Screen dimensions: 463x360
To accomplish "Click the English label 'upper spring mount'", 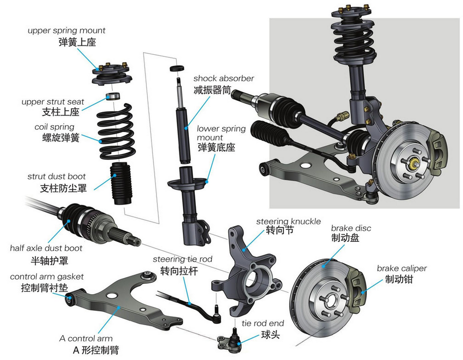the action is (66, 31).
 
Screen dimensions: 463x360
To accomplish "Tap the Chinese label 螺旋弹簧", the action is (57, 138).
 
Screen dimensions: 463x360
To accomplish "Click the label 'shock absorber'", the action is (224, 79).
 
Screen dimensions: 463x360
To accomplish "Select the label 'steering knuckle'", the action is (289, 221).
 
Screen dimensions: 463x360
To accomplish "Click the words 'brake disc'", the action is (351, 228).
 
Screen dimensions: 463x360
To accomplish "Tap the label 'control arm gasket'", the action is (47, 276).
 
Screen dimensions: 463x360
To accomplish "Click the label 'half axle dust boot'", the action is (46, 248).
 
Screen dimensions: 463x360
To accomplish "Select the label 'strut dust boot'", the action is (56, 177).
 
